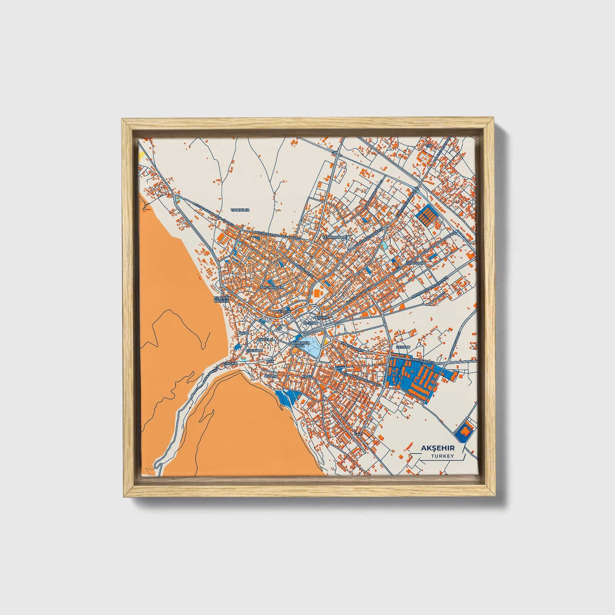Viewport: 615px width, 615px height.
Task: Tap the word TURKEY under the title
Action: click(442, 456)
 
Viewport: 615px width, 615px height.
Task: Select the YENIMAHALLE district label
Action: click(335, 237)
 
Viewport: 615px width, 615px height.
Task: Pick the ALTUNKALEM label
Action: click(271, 288)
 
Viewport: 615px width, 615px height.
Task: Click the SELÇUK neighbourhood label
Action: click(283, 312)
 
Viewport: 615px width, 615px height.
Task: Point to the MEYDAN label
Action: click(310, 323)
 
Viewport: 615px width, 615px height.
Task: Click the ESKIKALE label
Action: click(253, 350)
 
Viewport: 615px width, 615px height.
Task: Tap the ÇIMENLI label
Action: click(230, 363)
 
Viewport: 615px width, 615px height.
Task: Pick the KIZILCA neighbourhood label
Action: click(271, 377)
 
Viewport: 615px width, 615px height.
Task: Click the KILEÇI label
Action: click(307, 377)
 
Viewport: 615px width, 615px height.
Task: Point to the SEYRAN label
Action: click(403, 347)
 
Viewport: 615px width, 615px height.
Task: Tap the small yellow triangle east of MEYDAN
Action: click(326, 341)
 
